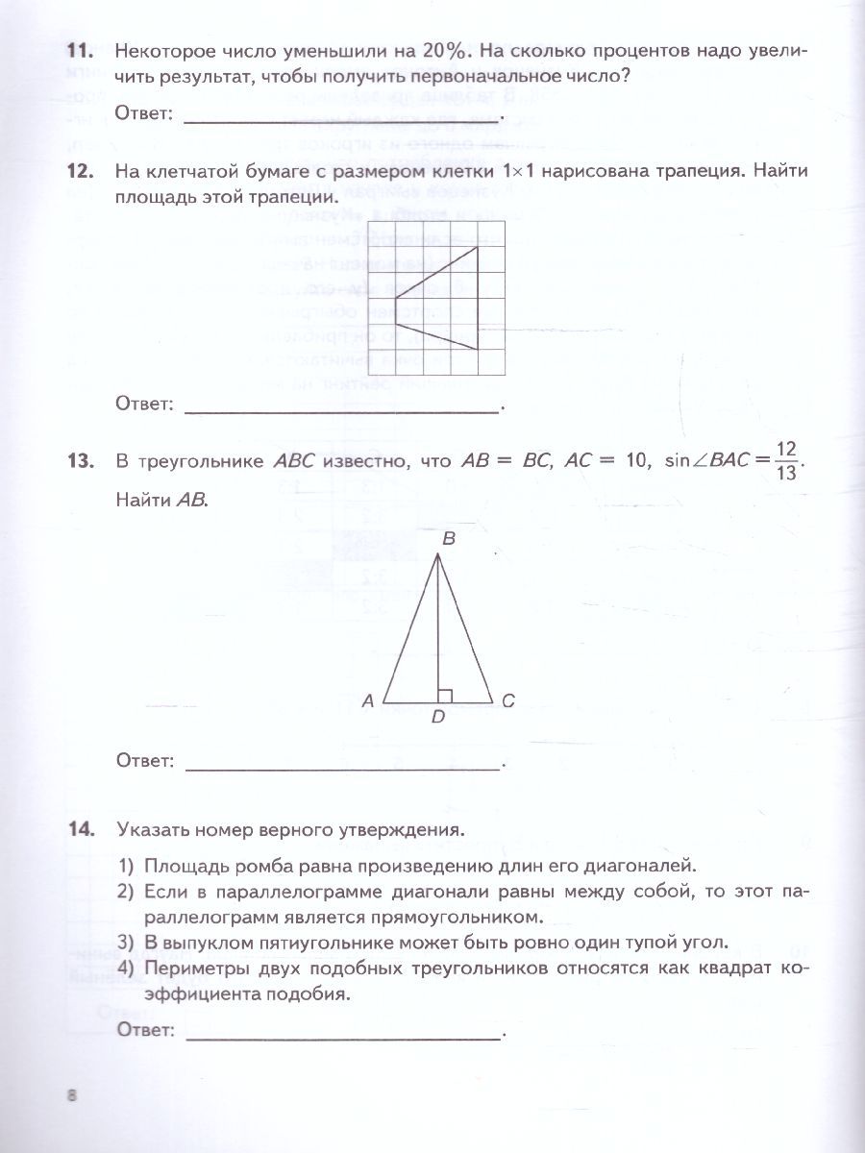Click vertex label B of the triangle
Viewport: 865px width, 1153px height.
click(448, 542)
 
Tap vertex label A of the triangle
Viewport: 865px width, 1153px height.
click(367, 702)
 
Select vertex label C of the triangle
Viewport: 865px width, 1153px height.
click(508, 702)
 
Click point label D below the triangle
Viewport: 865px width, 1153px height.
click(437, 726)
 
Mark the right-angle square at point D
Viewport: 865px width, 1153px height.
click(444, 696)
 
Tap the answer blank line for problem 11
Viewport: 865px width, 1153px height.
click(342, 121)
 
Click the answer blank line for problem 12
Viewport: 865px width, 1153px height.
click(342, 411)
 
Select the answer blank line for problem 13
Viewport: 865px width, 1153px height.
click(342, 768)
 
